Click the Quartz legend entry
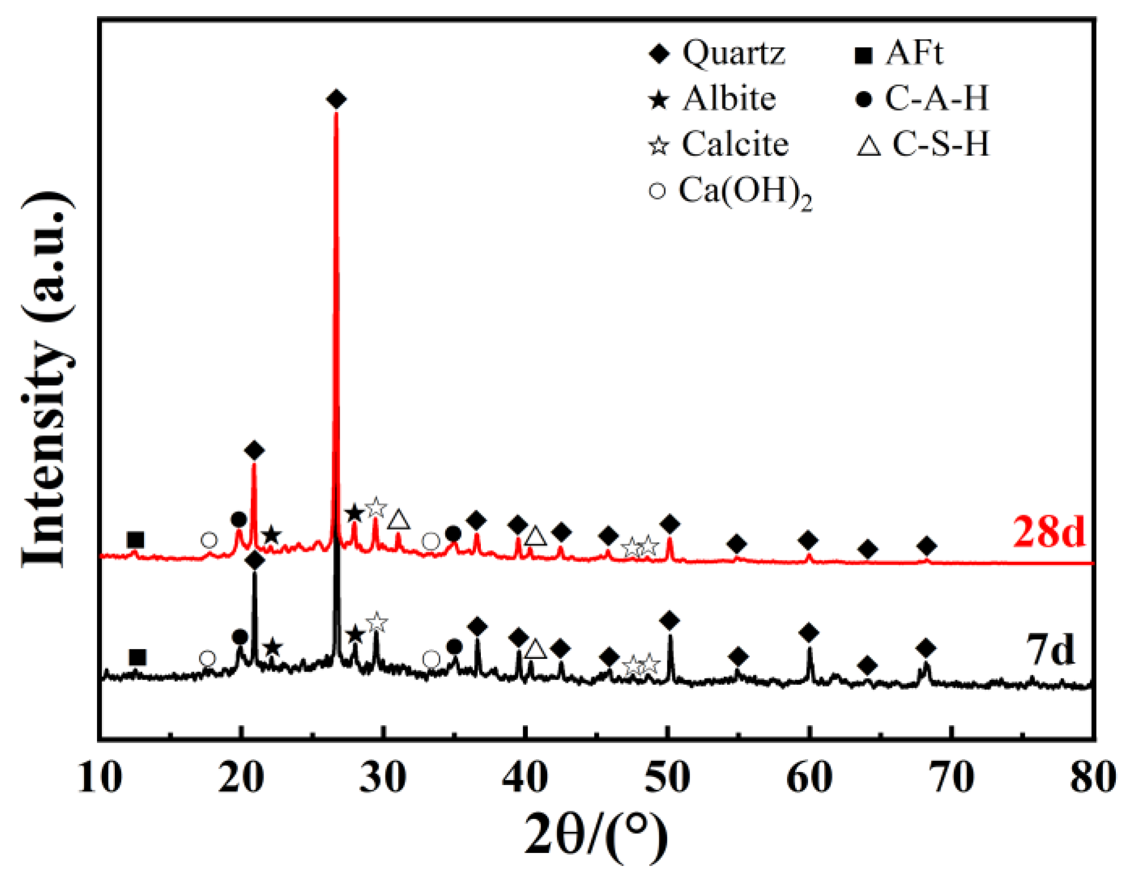coord(717,53)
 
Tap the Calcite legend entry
coord(719,144)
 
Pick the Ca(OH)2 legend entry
coord(730,192)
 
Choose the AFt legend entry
coord(899,53)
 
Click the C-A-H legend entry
coord(922,99)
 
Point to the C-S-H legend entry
coord(923,144)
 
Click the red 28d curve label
coord(1048,532)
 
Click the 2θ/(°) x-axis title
coord(596,835)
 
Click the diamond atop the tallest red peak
coord(336,99)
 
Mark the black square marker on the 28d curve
coord(136,539)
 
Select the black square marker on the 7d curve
coord(137,657)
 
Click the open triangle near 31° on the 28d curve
coord(399,520)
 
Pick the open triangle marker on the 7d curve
coord(535,649)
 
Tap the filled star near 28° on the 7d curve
coord(354,635)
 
